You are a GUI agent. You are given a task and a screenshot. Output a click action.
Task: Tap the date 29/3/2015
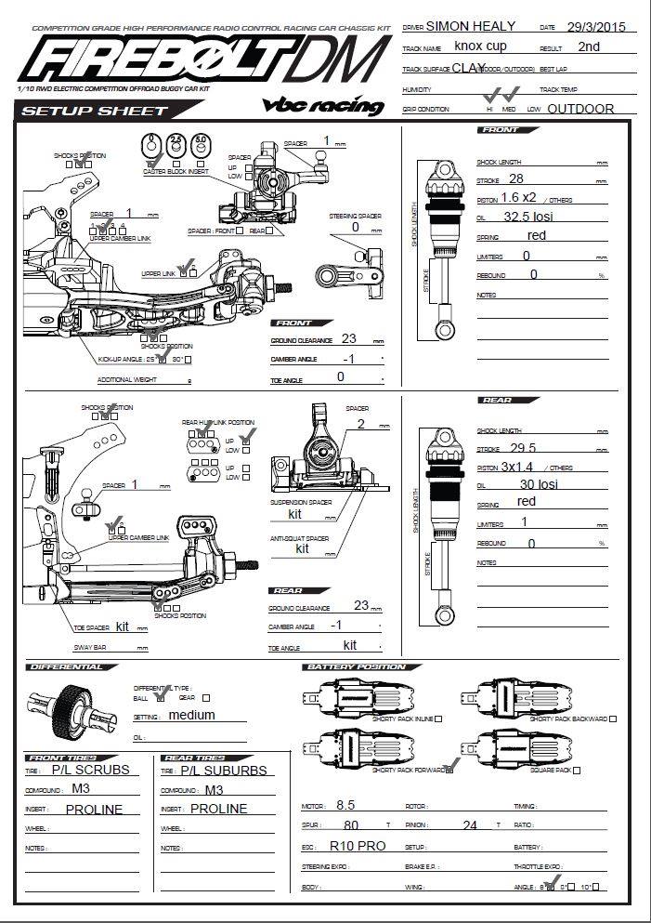(x=597, y=27)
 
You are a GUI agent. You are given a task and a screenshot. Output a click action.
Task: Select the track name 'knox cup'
(x=480, y=45)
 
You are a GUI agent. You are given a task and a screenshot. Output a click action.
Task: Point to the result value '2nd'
(x=588, y=46)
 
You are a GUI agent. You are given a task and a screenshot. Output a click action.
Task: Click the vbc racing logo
(x=323, y=104)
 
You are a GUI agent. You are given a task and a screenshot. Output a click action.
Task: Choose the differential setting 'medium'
(x=191, y=715)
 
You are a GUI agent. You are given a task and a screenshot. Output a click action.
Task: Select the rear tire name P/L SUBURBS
(x=223, y=770)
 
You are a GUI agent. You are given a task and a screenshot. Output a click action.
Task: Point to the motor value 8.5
(x=345, y=805)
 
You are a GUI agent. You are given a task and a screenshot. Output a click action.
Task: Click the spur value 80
(x=351, y=824)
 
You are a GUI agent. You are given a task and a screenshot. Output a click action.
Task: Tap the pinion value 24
(x=470, y=824)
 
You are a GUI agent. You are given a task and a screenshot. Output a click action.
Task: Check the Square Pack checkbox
(x=577, y=771)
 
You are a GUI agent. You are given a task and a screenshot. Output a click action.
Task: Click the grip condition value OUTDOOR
(x=580, y=109)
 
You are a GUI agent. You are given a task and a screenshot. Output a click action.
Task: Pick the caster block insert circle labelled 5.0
(x=200, y=143)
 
